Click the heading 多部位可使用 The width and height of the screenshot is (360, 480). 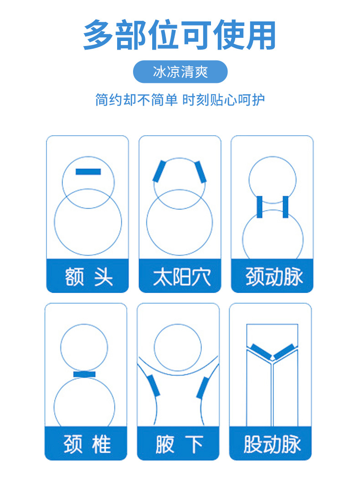coord(180,35)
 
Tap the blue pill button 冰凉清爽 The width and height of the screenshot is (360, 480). coord(180,72)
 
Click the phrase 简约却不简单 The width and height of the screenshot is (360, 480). coord(136,100)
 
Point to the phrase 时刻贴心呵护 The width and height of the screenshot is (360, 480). coord(223,100)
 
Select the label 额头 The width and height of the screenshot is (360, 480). coord(88,276)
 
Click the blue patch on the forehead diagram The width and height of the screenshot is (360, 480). coord(88,172)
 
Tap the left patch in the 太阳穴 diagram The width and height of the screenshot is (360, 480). coord(159,172)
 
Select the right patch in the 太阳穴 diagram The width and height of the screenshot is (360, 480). coord(201,172)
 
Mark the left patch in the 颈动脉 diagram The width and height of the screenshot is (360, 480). coord(259,207)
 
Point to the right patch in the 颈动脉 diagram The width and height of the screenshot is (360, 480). coord(286,207)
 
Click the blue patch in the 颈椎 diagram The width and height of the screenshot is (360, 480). coord(84,374)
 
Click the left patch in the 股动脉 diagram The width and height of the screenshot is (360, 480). coord(259,352)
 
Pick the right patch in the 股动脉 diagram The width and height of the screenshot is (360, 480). coord(285,352)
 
